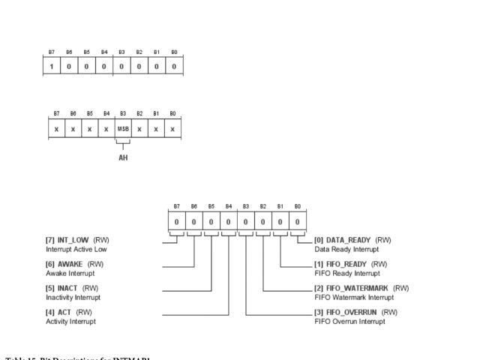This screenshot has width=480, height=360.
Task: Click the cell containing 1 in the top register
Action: point(52,66)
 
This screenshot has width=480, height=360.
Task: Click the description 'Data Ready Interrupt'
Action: point(347,248)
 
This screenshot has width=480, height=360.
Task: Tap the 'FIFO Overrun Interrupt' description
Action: point(350,320)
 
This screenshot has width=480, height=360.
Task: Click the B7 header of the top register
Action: point(52,52)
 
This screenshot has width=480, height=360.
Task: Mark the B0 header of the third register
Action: point(298,205)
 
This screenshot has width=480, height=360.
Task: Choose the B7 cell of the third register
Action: point(177,221)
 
